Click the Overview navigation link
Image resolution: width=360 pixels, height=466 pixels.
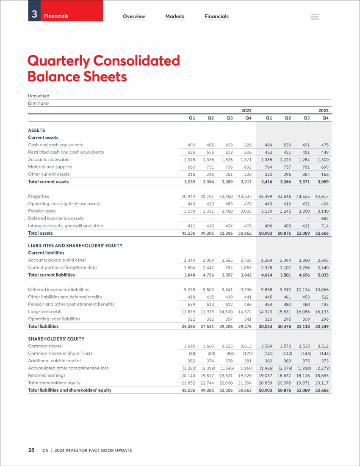[134, 17]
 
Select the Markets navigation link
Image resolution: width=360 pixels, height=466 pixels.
[174, 17]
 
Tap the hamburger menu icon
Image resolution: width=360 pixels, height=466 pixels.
[315, 17]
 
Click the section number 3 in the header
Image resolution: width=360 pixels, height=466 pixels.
[34, 14]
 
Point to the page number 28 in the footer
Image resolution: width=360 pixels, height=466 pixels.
[31, 450]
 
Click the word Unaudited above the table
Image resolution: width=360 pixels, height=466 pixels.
[39, 96]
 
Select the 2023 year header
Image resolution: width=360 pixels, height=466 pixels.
[324, 111]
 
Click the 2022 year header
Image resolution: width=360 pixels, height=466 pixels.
[246, 111]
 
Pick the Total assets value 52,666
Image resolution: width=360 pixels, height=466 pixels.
[322, 233]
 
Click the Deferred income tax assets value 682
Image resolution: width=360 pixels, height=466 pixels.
[325, 219]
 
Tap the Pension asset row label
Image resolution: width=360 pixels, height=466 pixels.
[42, 211]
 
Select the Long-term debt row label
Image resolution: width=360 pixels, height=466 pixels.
[44, 311]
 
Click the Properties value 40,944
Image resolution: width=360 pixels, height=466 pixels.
[188, 197]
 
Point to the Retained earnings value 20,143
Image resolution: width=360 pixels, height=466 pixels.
[188, 376]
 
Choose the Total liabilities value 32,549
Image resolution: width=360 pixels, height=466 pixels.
[322, 326]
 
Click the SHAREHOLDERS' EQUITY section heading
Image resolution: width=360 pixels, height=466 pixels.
[56, 339]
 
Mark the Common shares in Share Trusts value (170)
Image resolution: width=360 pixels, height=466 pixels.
[248, 354]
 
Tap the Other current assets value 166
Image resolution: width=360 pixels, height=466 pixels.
[325, 175]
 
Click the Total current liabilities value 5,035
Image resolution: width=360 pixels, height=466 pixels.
[323, 275]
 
